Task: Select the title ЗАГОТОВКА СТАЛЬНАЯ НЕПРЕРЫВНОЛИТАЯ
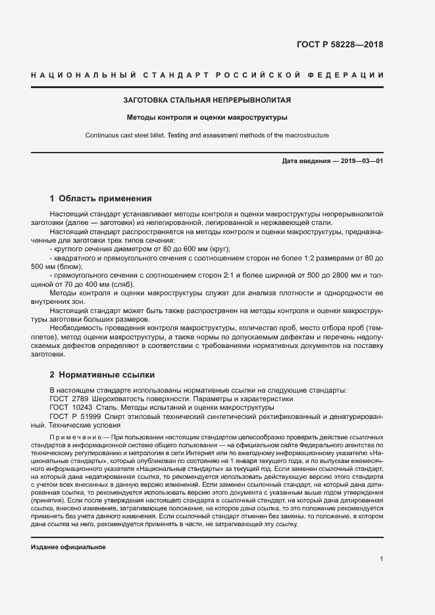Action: click(x=207, y=101)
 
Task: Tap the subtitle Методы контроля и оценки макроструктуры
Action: click(x=207, y=118)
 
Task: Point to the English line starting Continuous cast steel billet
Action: click(x=207, y=135)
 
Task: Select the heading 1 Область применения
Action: click(x=101, y=198)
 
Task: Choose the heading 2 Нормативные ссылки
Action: click(x=102, y=375)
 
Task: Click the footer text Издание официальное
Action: click(x=68, y=529)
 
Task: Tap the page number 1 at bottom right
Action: click(x=382, y=541)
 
